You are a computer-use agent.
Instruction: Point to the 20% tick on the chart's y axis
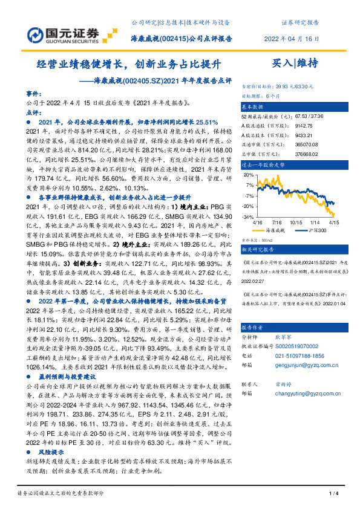249,175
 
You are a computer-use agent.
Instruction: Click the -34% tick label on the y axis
248,216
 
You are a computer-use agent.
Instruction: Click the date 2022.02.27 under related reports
254,280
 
